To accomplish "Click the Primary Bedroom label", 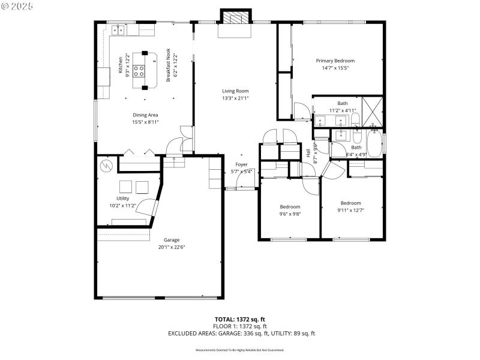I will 335,61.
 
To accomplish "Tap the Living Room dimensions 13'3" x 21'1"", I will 235,98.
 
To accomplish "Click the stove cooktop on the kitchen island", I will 139,71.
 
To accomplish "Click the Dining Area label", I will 145,115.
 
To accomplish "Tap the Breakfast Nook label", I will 169,65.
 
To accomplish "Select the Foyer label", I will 241,164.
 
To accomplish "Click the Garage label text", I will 172,239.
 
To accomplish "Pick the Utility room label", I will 122,198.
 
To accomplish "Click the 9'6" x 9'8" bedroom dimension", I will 290,214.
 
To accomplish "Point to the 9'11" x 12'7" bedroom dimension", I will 351,210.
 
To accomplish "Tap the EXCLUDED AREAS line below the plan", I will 241,333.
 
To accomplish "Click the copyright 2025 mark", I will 17,5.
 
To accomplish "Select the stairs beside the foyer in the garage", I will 214,177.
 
